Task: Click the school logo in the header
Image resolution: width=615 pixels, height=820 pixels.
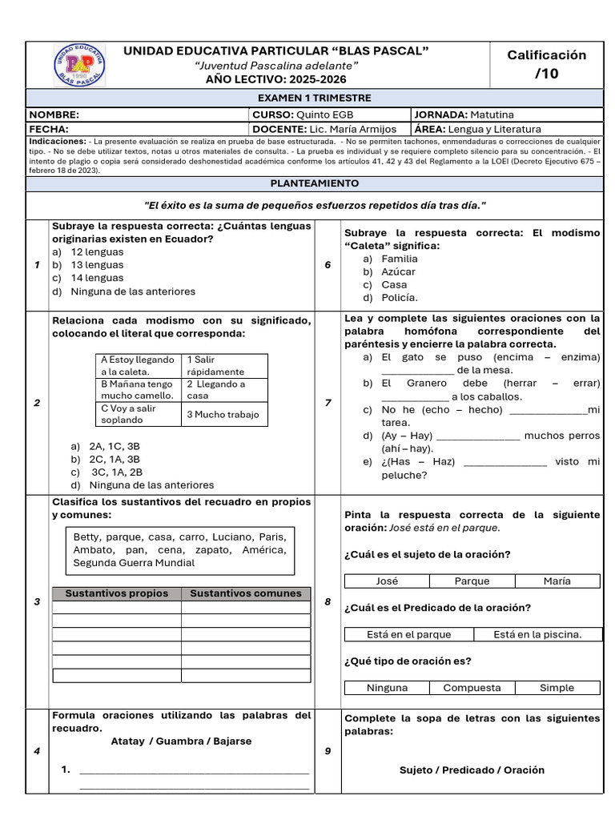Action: (x=78, y=65)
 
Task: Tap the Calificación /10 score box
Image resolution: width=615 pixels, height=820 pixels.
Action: (x=546, y=64)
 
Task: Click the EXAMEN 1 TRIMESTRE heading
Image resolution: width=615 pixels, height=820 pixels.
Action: (x=314, y=98)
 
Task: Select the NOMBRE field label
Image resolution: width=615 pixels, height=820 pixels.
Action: (x=54, y=115)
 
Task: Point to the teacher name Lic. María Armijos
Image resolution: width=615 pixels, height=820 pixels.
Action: (x=352, y=129)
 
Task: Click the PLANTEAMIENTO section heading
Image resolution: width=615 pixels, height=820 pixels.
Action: (x=314, y=183)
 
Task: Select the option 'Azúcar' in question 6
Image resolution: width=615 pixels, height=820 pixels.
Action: (x=398, y=271)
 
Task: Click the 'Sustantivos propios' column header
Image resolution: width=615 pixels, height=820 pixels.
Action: (x=116, y=593)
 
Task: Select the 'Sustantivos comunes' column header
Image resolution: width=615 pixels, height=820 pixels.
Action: (x=245, y=593)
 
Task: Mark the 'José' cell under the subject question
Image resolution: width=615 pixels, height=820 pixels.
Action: (x=387, y=581)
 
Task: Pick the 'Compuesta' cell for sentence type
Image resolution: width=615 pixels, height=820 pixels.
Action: (x=472, y=687)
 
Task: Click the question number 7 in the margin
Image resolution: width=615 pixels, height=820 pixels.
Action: (x=328, y=403)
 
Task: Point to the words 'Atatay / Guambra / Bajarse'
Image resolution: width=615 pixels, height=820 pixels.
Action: (x=181, y=741)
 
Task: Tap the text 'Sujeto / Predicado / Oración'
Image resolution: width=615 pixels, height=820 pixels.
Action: (x=472, y=770)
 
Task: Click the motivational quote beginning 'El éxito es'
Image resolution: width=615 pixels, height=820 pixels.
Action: (x=314, y=206)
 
